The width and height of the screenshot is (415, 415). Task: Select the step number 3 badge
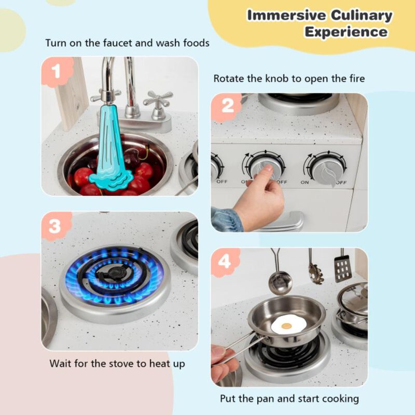[x=56, y=226]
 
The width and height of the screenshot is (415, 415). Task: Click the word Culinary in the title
[x=357, y=15]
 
